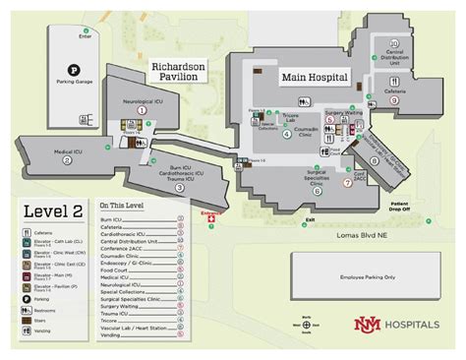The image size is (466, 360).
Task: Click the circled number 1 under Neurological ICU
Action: pos(142,111)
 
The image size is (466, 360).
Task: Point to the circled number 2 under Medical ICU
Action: pos(67,159)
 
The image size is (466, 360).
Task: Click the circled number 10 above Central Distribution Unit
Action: pos(393,43)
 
